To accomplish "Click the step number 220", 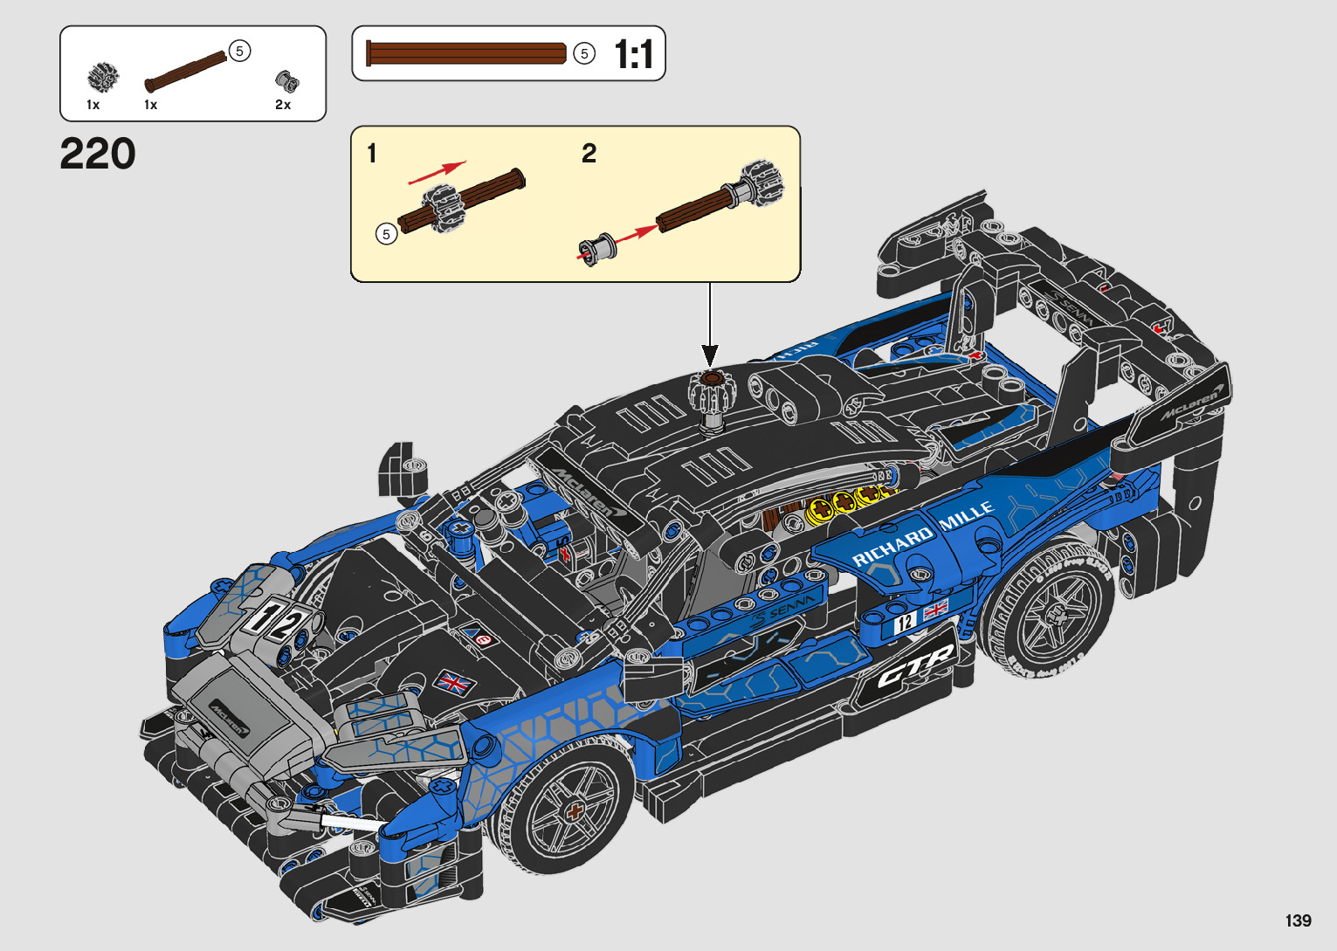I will [98, 155].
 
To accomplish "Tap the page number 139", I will [1298, 920].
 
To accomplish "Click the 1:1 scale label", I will [634, 55].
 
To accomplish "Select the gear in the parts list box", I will [103, 77].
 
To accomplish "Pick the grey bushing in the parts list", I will [286, 81].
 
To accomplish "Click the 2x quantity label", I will [283, 105].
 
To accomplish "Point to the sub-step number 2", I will [589, 154].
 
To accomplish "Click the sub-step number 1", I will [372, 155].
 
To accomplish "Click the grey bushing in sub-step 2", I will [596, 248].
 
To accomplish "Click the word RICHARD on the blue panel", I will [892, 545].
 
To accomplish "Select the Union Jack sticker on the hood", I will [453, 682].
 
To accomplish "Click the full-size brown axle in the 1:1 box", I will [466, 53].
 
